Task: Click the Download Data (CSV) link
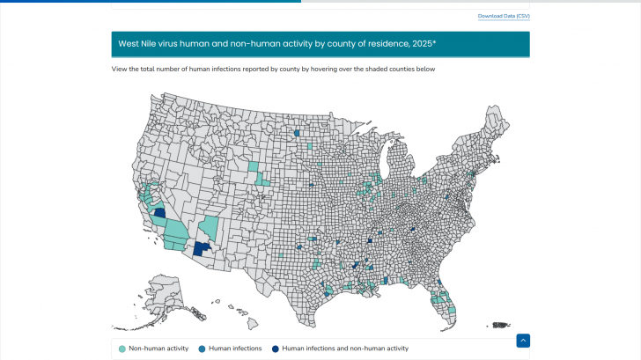tap(504, 16)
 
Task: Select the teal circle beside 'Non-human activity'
tap(122, 349)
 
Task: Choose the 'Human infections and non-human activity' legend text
tap(345, 349)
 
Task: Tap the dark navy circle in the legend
tap(276, 349)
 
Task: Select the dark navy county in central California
tap(160, 212)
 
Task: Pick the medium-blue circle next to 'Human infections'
tap(203, 349)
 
